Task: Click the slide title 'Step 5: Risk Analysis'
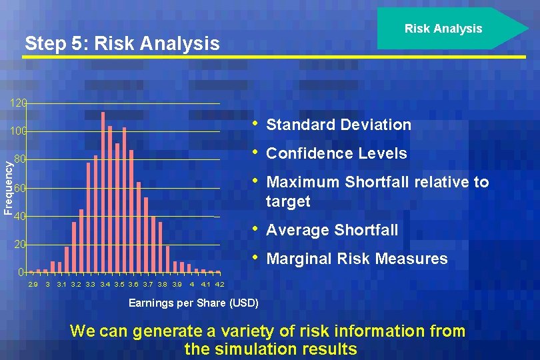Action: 121,44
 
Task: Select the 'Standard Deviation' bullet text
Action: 339,125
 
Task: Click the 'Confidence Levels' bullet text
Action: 336,153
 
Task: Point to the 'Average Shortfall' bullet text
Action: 332,230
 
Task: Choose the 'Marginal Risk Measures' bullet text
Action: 357,259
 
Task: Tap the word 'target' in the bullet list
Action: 288,201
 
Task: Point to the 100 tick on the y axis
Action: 19,132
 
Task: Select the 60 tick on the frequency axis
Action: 21,189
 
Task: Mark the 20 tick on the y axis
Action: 21,245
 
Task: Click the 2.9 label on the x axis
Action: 33,285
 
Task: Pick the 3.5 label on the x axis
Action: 119,285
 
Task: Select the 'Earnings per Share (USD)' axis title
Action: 193,303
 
